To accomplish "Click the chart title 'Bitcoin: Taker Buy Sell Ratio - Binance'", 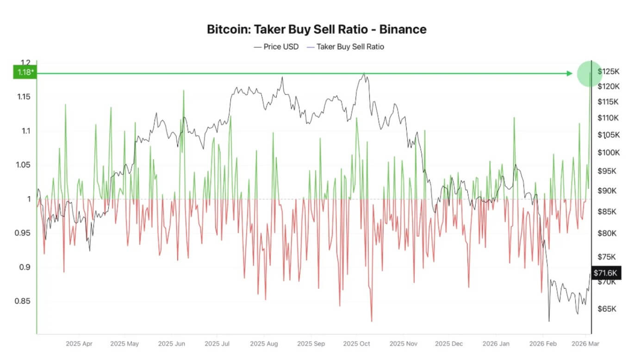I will (x=317, y=30).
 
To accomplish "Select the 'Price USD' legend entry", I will (x=276, y=47).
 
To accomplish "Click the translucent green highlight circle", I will (x=590, y=74).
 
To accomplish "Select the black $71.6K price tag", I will (x=605, y=273).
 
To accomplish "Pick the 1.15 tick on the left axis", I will (x=22, y=97).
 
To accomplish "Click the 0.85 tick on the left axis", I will (x=22, y=301).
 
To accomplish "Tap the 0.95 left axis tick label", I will (x=22, y=233).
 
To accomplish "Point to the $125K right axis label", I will (x=608, y=71).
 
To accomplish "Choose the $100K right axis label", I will (x=608, y=153).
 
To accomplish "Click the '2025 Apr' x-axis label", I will (x=79, y=344).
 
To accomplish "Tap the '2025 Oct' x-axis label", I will (x=357, y=344).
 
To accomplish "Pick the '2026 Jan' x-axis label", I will (x=495, y=344).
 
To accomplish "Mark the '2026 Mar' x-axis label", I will (x=585, y=344).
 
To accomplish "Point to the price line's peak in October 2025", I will (x=364, y=73).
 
